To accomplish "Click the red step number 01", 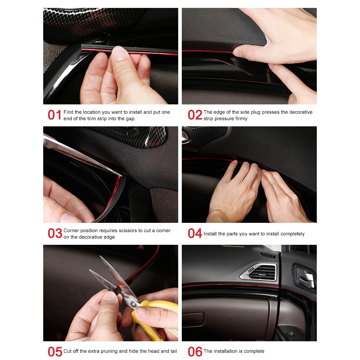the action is coord(54,115).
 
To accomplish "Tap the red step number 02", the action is coord(195,115).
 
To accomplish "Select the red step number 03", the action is coord(55,233).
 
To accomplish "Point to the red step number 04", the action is coord(195,233).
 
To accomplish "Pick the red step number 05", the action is coord(55,351).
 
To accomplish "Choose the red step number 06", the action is coord(195,351).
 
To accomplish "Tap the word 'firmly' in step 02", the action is coord(241,118).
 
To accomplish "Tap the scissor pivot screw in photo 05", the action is coord(133,305).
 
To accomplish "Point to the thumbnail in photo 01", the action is coord(120,53).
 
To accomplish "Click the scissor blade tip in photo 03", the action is coord(121,176).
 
